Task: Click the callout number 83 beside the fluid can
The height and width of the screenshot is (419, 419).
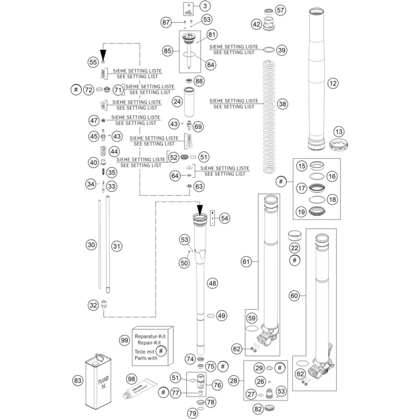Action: point(78,380)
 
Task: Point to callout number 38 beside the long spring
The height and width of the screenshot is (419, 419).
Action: point(283,104)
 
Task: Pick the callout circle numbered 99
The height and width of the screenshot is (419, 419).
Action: point(124,340)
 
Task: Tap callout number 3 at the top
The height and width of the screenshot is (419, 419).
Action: point(205,6)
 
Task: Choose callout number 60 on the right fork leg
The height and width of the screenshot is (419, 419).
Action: point(294,296)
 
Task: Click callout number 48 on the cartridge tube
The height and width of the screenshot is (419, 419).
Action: point(212,283)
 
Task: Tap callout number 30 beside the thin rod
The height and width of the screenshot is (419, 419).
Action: point(91,245)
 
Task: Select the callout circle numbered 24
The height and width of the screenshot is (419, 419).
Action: point(178,100)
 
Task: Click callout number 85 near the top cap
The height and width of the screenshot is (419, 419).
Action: point(168,51)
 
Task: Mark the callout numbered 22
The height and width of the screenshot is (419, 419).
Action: point(294,248)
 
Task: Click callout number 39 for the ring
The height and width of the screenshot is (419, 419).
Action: point(282,50)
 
